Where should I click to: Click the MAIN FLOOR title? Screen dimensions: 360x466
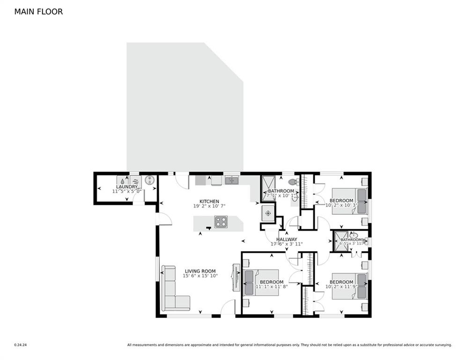[38, 12]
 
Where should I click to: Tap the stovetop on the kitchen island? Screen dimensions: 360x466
[221, 222]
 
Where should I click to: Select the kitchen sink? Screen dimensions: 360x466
[232, 180]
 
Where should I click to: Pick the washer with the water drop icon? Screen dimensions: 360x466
[122, 180]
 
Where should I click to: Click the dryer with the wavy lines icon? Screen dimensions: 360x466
[135, 180]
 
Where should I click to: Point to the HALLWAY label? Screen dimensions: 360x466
[286, 240]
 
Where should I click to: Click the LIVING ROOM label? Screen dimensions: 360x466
[200, 271]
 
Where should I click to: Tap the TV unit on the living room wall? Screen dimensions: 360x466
[236, 279]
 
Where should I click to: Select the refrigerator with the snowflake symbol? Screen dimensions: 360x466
[268, 213]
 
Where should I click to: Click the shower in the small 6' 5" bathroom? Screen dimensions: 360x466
[340, 240]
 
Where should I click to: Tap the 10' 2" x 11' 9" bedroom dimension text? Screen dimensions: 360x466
[341, 286]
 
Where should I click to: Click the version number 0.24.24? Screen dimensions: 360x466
[20, 345]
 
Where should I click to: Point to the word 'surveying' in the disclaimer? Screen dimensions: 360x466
[442, 345]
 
